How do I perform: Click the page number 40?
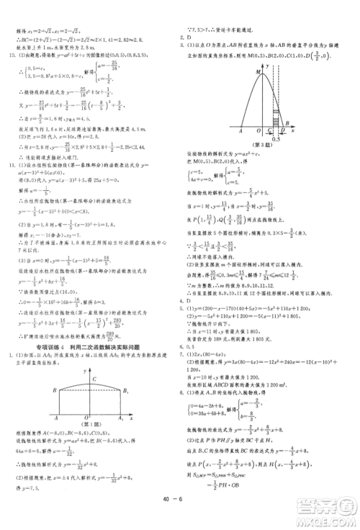coord(172,516)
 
